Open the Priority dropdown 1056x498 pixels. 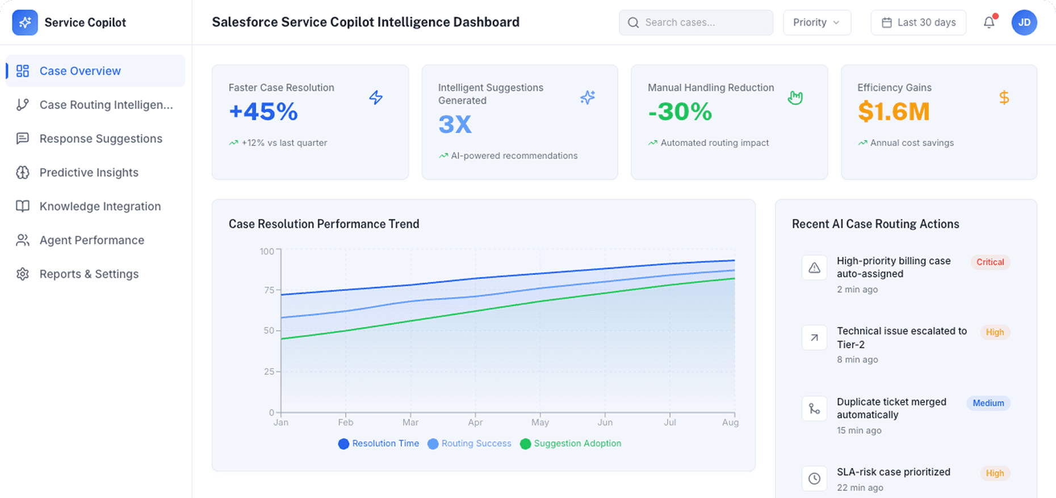click(x=816, y=23)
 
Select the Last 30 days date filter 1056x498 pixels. click(x=918, y=23)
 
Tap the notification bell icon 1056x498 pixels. click(x=989, y=22)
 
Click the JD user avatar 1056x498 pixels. click(x=1024, y=23)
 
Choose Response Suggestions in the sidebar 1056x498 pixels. click(x=100, y=139)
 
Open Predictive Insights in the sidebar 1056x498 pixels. click(x=89, y=173)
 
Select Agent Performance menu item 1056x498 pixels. click(x=91, y=240)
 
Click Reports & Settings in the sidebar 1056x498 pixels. click(x=89, y=274)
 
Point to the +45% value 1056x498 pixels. click(x=263, y=112)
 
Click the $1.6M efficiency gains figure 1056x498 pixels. click(x=894, y=112)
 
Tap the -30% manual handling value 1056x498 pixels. click(x=680, y=112)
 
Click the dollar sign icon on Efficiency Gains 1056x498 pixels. click(x=1004, y=98)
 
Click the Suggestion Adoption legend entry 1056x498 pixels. click(x=571, y=443)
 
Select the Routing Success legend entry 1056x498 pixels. click(x=470, y=443)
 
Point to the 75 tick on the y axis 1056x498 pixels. click(x=269, y=290)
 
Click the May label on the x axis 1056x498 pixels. click(x=540, y=422)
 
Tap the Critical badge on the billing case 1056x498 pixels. click(x=990, y=262)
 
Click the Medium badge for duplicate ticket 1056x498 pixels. click(x=988, y=403)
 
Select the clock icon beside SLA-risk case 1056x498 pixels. click(x=814, y=479)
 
